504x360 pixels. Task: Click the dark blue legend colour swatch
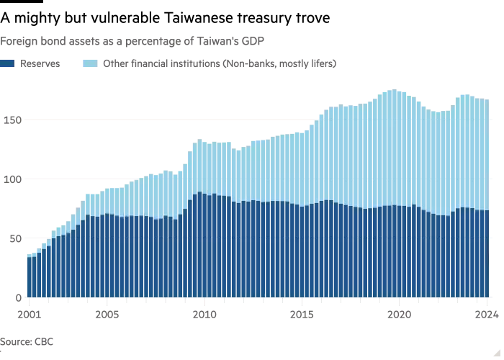click(8, 63)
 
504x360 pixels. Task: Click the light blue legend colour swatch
click(89, 63)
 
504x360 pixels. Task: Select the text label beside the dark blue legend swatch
click(39, 63)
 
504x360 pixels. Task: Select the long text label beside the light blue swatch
click(219, 63)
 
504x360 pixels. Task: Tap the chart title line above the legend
click(132, 40)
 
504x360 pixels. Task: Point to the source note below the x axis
click(29, 338)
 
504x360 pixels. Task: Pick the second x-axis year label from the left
click(107, 315)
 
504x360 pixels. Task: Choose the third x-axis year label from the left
click(204, 315)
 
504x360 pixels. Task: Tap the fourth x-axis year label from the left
click(302, 315)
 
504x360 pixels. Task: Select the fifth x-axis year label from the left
click(400, 315)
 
